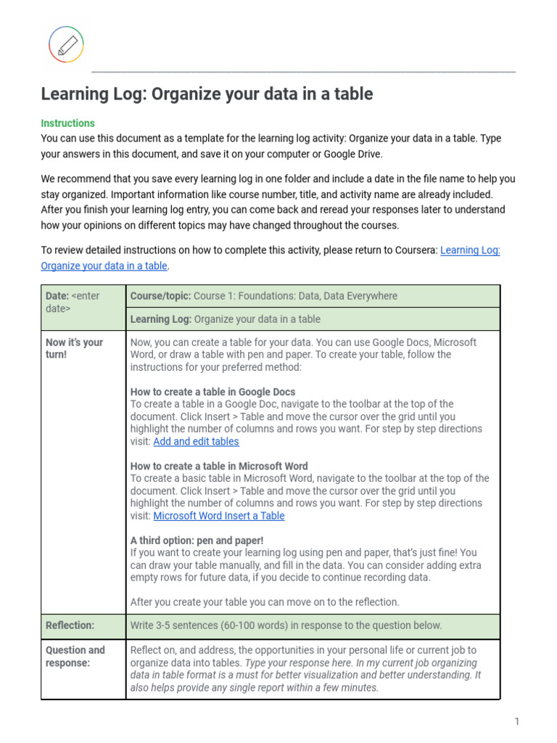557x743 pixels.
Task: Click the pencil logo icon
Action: tap(66, 44)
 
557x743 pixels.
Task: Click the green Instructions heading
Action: tap(67, 123)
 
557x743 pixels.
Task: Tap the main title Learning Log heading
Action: tap(207, 94)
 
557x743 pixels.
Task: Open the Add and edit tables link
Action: tap(196, 441)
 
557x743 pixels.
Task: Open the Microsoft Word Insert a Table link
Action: tap(218, 516)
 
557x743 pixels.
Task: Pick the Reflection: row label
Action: tap(70, 625)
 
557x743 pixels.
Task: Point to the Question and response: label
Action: tap(75, 657)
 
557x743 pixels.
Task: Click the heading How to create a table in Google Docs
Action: tap(213, 392)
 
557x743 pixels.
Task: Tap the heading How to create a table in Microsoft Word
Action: tap(219, 467)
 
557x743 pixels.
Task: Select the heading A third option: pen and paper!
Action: tap(197, 541)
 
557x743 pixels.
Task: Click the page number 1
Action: tap(517, 721)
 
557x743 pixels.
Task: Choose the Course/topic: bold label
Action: tap(160, 296)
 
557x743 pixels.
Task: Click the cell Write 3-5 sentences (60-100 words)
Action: tap(286, 625)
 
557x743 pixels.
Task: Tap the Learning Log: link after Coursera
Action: tap(470, 250)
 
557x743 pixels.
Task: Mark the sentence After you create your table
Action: tap(265, 602)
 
